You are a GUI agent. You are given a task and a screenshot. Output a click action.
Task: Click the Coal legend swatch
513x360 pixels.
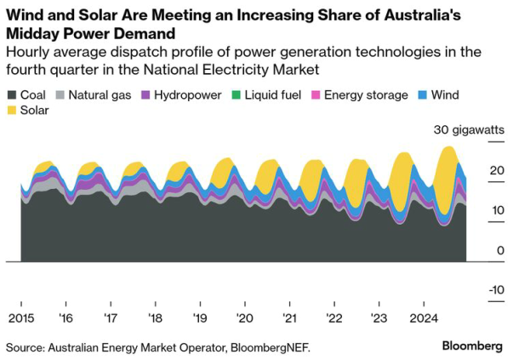click(x=12, y=95)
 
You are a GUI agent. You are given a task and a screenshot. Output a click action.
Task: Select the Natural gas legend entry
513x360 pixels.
click(x=99, y=95)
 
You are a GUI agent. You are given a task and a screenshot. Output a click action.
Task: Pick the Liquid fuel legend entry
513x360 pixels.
click(x=273, y=95)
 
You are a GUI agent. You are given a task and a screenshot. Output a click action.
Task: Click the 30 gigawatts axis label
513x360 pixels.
click(x=468, y=130)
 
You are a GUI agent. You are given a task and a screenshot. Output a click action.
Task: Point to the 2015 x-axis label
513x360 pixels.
click(x=20, y=318)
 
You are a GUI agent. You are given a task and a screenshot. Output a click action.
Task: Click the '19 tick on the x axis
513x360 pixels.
click(x=198, y=318)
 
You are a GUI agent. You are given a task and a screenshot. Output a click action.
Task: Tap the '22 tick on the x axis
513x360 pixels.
click(x=333, y=318)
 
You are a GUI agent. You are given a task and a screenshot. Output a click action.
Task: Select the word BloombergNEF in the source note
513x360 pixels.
click(x=269, y=346)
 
